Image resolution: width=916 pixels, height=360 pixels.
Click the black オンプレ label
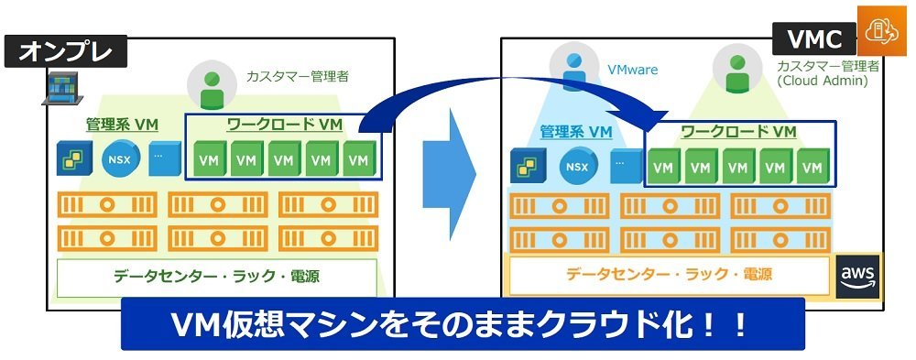coord(65,51)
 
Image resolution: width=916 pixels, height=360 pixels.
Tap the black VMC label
coord(814,39)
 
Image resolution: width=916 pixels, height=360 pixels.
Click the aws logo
coord(857,277)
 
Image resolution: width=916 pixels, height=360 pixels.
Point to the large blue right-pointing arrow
coord(449,174)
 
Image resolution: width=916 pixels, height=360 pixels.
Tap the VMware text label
coord(632,71)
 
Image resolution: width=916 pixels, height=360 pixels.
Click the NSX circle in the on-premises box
coord(121,159)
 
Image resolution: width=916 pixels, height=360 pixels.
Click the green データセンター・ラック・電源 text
coord(216,275)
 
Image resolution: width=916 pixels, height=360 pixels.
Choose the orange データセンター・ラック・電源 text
coord(669,273)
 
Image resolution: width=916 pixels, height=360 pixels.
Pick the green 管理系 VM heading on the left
coord(122,125)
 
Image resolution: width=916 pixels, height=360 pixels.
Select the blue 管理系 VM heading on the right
coord(576,132)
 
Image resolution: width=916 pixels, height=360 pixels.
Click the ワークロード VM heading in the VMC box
coord(739,132)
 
